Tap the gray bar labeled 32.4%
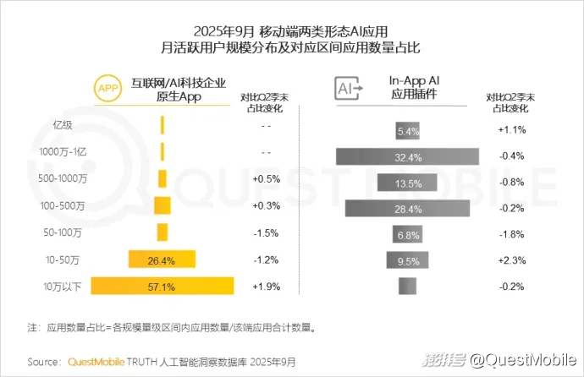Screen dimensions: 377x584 407,156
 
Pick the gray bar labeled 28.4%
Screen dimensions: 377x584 407,208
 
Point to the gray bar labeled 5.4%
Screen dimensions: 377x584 408,131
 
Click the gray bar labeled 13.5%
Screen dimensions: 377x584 407,183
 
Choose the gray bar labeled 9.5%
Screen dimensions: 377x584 408,260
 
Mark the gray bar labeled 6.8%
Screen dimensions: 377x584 408,234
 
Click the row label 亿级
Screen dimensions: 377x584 63,125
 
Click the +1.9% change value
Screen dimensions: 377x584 266,286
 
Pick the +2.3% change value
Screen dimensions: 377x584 512,260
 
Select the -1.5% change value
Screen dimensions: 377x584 266,233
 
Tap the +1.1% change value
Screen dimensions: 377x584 512,130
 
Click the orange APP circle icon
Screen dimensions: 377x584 107,88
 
